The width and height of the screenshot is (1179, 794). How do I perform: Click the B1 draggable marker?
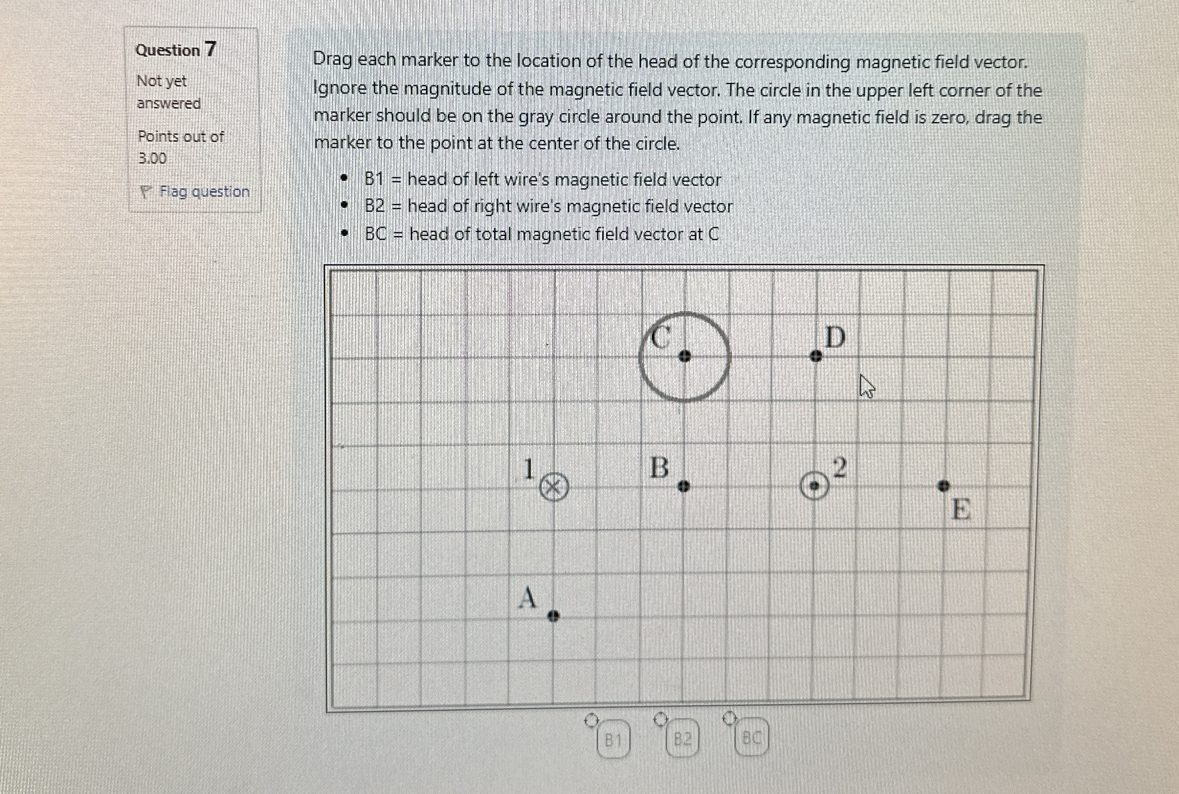[612, 740]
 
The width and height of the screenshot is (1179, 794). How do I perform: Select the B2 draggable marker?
[682, 739]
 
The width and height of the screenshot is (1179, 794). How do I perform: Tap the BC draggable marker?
[751, 738]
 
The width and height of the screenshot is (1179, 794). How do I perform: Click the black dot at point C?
[684, 357]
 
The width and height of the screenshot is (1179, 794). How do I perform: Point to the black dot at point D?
[815, 357]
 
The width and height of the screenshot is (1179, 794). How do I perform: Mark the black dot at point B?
[683, 487]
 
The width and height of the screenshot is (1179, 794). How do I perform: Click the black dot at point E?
[943, 486]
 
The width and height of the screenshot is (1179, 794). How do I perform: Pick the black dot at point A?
[553, 616]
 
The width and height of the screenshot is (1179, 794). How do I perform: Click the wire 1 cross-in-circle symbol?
[554, 488]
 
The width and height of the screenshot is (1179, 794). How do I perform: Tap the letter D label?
[835, 337]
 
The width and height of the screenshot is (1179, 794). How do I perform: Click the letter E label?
[961, 509]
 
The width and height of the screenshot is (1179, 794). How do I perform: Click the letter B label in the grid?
[659, 468]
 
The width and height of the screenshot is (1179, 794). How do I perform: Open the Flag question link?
[203, 191]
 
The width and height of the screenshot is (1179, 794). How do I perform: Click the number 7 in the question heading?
[210, 49]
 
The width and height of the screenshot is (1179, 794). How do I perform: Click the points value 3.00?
[152, 158]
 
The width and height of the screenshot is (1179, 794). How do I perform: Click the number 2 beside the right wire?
[839, 467]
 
